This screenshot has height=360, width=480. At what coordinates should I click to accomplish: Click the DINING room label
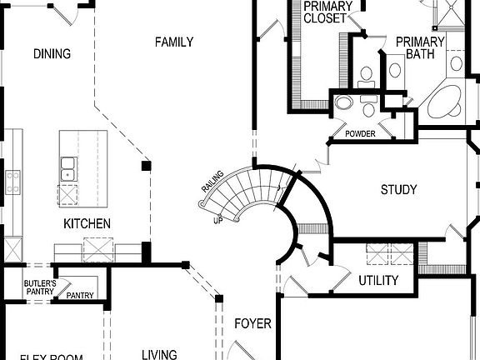[52, 54]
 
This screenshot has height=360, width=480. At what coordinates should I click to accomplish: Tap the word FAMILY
[174, 42]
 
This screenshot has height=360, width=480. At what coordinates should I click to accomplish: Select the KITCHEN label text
[87, 223]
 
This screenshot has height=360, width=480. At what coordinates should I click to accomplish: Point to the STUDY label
[398, 190]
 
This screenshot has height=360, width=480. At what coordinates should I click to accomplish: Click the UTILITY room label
[378, 281]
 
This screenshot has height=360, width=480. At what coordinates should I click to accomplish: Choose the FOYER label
[252, 323]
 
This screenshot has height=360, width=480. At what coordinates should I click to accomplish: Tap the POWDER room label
[359, 134]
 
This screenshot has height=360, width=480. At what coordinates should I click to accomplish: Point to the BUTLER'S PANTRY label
[39, 287]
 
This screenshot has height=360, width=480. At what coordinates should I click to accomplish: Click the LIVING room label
[158, 354]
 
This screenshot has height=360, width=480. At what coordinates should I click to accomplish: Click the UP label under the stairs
[218, 221]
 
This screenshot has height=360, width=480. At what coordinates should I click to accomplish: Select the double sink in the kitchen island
[67, 170]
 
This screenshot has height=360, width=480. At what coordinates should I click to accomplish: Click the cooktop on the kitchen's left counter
[12, 182]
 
